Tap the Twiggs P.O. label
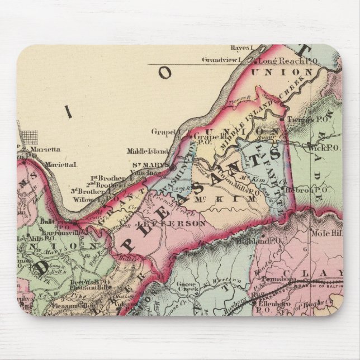tap(304, 120)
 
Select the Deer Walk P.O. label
tap(86, 282)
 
